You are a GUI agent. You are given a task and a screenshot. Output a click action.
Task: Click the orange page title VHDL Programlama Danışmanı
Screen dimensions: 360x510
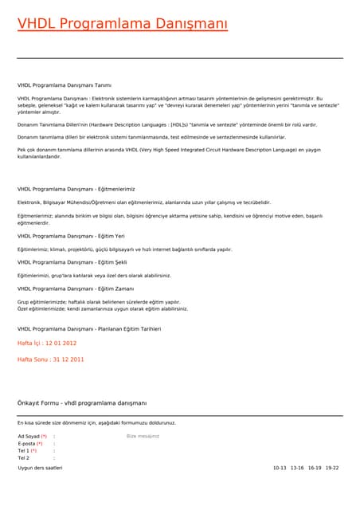[122, 24]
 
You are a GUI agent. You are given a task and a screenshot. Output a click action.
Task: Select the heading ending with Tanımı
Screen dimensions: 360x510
[65, 84]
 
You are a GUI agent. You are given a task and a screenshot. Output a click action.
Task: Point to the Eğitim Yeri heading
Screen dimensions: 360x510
[71, 236]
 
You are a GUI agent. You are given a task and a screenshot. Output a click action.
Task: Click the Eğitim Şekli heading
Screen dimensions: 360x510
[72, 262]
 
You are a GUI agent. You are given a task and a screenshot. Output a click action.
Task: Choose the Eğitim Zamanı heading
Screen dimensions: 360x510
[76, 288]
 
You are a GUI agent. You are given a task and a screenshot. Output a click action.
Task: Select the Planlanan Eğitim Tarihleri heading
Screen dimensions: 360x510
[89, 328]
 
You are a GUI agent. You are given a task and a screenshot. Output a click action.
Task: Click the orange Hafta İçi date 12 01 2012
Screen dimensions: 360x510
[47, 343]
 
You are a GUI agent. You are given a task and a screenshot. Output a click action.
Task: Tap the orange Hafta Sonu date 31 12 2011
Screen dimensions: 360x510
[51, 359]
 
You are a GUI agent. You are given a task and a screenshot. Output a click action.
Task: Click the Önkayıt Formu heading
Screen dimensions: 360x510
[82, 403]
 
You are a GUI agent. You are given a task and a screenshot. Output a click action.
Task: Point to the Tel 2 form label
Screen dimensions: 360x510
[24, 458]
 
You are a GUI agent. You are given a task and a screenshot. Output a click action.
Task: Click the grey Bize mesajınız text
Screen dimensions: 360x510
[143, 437]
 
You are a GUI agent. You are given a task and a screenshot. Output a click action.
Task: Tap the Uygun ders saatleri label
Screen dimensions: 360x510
[40, 468]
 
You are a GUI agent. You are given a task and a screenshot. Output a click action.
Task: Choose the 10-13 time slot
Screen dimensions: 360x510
[279, 468]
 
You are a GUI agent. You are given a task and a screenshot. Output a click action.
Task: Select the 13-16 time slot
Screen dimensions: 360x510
[297, 468]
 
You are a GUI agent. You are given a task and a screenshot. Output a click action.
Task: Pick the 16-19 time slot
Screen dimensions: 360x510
[315, 468]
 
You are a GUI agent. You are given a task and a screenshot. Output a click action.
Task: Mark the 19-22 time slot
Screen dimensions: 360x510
[332, 468]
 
